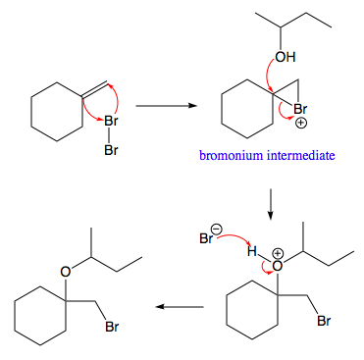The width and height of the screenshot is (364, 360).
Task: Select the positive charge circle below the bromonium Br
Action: pos(300,124)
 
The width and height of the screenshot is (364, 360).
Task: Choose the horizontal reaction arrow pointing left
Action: pos(181,307)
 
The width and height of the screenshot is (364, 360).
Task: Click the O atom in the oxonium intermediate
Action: pos(277,265)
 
